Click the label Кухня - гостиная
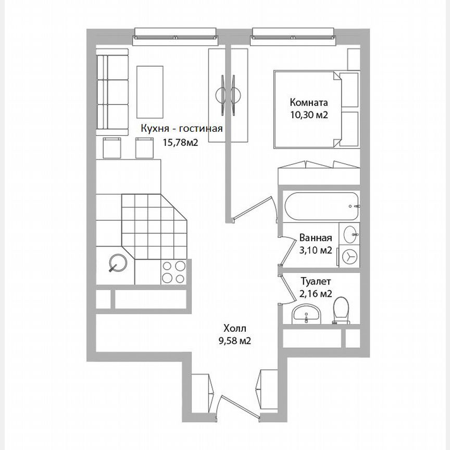182,129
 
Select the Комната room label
309,103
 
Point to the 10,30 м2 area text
309,116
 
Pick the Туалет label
316,281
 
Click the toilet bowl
342,311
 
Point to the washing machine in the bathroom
349,257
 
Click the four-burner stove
174,271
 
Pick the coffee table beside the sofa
149,92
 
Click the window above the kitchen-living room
177,36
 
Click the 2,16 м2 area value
316,294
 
